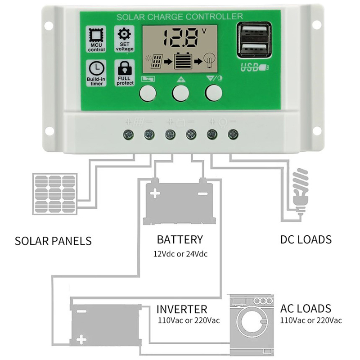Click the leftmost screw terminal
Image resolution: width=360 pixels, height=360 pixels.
[x=128, y=134]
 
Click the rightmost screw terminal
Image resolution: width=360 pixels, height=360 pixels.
[x=233, y=134]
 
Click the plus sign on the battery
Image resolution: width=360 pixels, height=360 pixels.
[x=155, y=194]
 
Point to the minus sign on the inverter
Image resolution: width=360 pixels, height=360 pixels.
[x=81, y=311]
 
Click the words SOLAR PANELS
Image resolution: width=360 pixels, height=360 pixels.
[x=53, y=241]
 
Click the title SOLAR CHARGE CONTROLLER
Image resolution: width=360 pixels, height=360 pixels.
[x=180, y=18]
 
